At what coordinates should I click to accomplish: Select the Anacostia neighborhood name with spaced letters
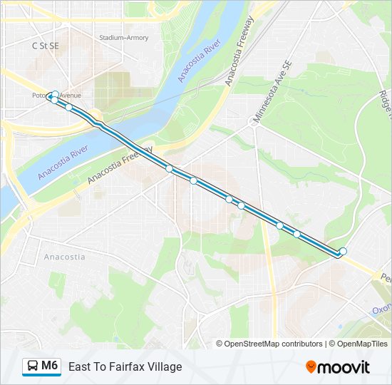65,257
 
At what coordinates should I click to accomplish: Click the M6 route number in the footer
49,366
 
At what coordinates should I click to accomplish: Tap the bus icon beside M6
32,366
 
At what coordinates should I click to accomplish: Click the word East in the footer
79,366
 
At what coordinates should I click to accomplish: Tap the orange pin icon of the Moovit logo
311,367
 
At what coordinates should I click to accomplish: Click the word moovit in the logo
344,367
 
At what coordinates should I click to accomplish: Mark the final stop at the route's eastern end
343,251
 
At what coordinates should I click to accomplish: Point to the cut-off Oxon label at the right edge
381,310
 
